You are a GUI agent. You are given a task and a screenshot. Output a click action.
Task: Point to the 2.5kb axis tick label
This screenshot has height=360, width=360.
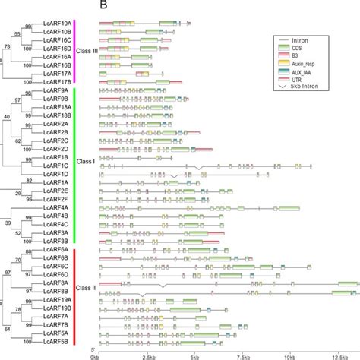click(x=148, y=354)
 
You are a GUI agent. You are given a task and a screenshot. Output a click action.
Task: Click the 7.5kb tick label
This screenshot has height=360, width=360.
click(x=243, y=354)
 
